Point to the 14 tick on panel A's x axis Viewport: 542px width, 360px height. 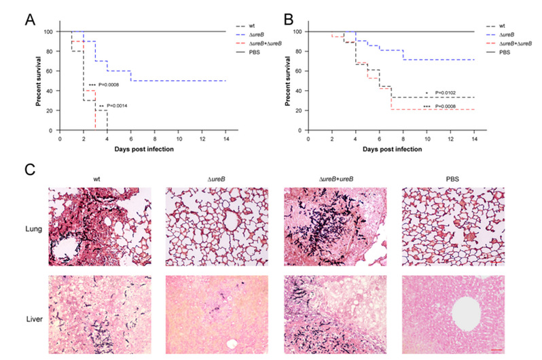pyautogui.click(x=225, y=137)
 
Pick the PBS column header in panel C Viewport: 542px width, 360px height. pyautogui.click(x=449, y=180)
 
